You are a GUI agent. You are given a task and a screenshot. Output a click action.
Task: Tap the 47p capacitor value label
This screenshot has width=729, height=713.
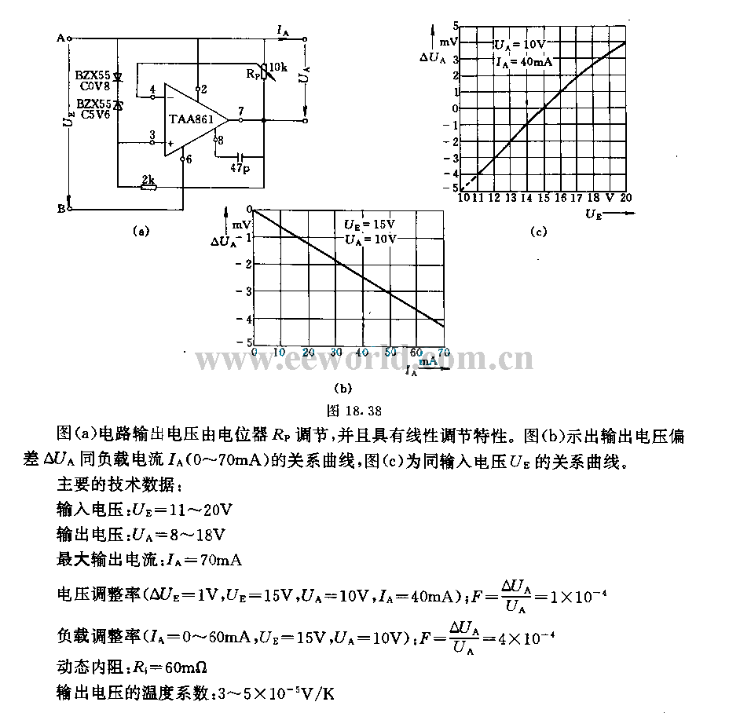point(240,168)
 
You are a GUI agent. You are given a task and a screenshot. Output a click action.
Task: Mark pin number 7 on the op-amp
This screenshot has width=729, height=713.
point(241,111)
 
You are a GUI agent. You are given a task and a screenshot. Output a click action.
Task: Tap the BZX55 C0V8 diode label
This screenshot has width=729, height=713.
point(93,81)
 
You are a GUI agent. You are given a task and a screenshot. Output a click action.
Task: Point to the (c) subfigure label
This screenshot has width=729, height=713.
point(537,231)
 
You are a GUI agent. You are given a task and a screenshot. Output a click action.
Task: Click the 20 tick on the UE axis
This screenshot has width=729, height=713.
point(625,197)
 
